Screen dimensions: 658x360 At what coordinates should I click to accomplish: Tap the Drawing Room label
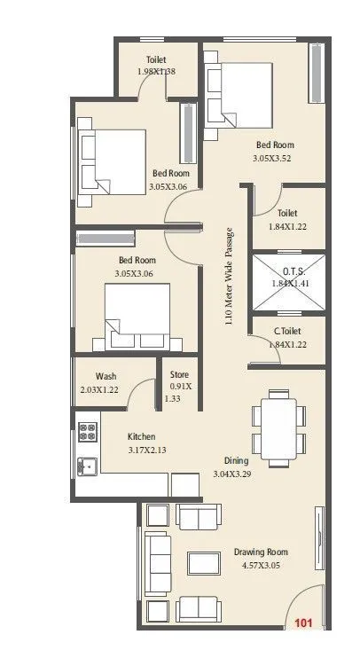(x=261, y=552)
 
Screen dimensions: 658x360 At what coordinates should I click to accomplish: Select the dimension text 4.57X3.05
(x=261, y=565)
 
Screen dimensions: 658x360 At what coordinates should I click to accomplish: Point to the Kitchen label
(x=143, y=437)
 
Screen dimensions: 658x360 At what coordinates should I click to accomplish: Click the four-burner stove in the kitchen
(x=88, y=432)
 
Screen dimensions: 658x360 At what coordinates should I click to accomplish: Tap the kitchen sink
(x=87, y=465)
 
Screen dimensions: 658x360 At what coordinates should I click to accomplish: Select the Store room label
(x=179, y=374)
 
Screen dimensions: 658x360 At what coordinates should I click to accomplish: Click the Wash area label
(x=106, y=375)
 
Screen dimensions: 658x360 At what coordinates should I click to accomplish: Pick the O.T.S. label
(x=289, y=270)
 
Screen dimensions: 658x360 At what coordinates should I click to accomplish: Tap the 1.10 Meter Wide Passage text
(x=229, y=277)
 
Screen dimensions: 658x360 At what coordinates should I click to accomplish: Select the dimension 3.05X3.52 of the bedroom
(x=275, y=159)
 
